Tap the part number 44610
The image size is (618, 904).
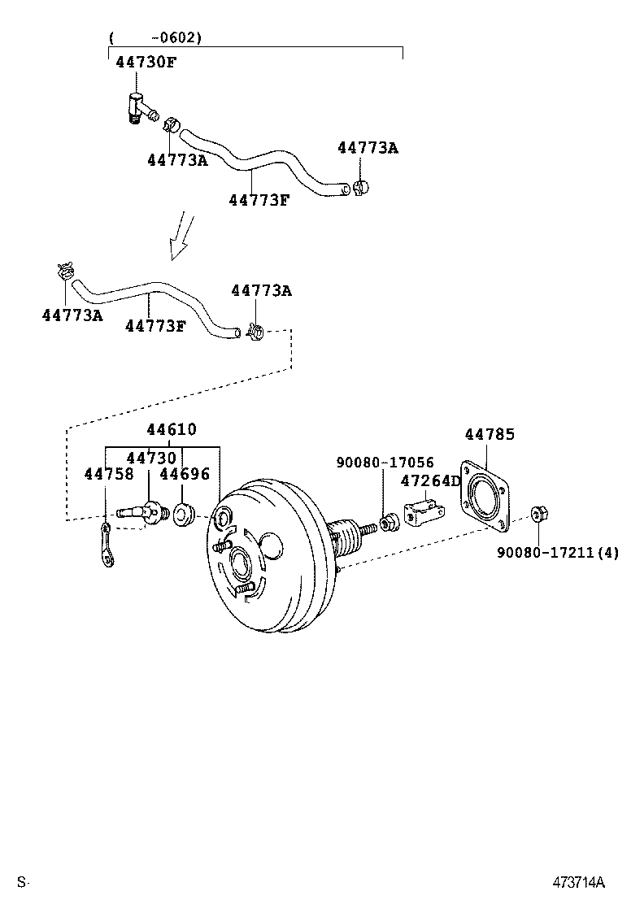(172, 429)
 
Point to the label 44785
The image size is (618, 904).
(490, 435)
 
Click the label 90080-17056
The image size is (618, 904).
(385, 463)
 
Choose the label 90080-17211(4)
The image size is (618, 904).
(558, 553)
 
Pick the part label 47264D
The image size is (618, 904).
(431, 480)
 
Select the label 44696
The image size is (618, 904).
(185, 473)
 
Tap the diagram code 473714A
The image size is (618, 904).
(580, 882)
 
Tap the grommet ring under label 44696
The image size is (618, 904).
(182, 515)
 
